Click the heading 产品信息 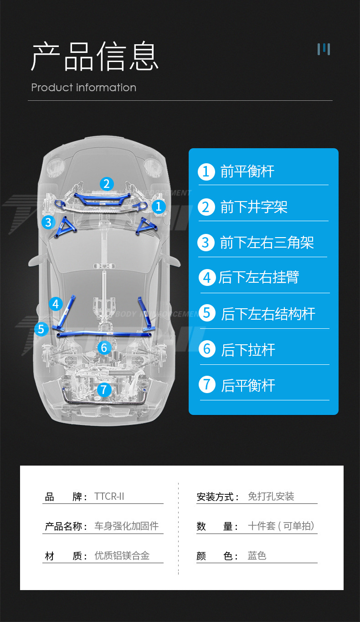(x=95, y=57)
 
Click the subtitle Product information (x=84, y=88)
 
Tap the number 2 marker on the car (x=106, y=184)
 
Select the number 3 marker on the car (x=48, y=222)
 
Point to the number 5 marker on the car (x=41, y=329)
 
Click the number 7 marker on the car (x=104, y=390)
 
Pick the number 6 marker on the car (x=104, y=348)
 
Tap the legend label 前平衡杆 (x=247, y=172)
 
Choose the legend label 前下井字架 (x=254, y=207)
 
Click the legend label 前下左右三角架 (x=267, y=243)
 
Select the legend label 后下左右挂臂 (x=259, y=277)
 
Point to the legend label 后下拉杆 (x=248, y=350)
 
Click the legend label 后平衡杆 (x=248, y=385)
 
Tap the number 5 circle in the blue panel (x=207, y=313)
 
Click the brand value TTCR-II (x=109, y=497)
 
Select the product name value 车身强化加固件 (x=126, y=526)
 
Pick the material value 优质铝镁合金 (x=122, y=556)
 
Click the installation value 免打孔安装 (x=271, y=497)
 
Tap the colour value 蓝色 (x=257, y=556)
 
